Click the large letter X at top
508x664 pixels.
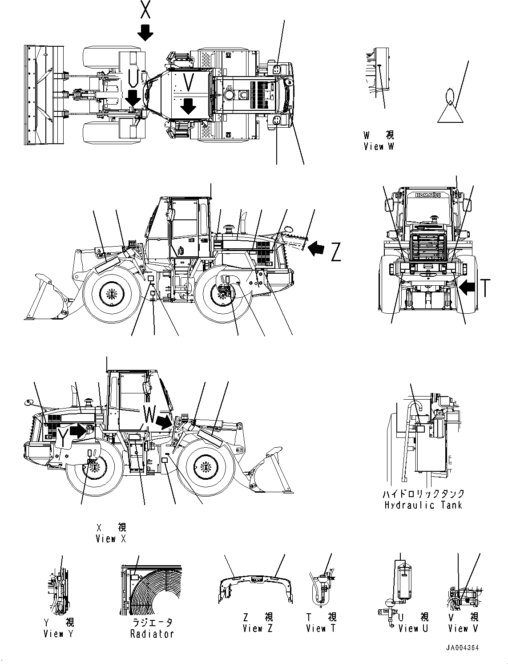click(x=145, y=9)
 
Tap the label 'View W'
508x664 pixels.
click(x=379, y=146)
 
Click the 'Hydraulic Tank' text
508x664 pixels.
click(x=423, y=505)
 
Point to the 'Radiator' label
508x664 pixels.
click(x=152, y=634)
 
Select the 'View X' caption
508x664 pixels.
click(x=111, y=538)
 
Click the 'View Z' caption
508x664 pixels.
click(x=258, y=628)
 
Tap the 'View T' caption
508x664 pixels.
click(x=321, y=628)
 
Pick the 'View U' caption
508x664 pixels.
click(x=414, y=628)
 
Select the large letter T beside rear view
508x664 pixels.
click(x=486, y=287)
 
